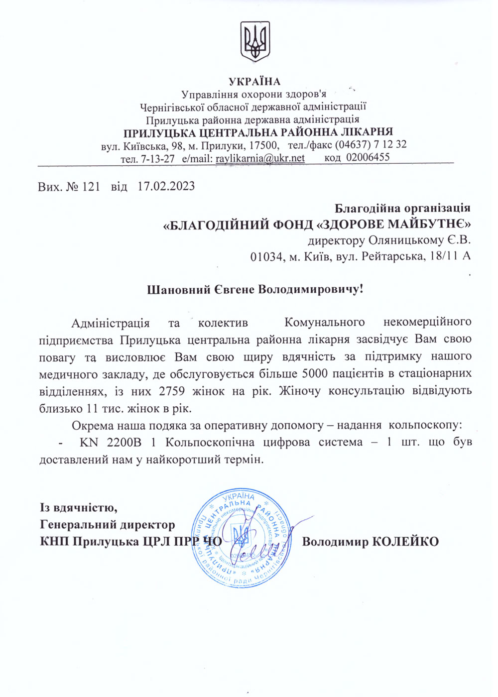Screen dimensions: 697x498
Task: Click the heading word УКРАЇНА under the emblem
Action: pyautogui.click(x=254, y=82)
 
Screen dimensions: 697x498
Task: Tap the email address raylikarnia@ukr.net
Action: pyautogui.click(x=260, y=158)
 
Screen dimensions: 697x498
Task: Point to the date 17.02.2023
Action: pyautogui.click(x=166, y=187)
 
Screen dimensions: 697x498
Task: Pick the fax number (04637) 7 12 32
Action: pyautogui.click(x=371, y=144)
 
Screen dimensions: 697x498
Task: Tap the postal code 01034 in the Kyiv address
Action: pyautogui.click(x=267, y=257)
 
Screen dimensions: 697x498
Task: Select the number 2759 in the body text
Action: pyautogui.click(x=171, y=391)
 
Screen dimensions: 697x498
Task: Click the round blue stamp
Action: pyautogui.click(x=243, y=538)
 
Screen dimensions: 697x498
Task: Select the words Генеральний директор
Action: pyautogui.click(x=108, y=525)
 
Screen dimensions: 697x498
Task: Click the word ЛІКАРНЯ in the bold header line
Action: pyautogui.click(x=367, y=132)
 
